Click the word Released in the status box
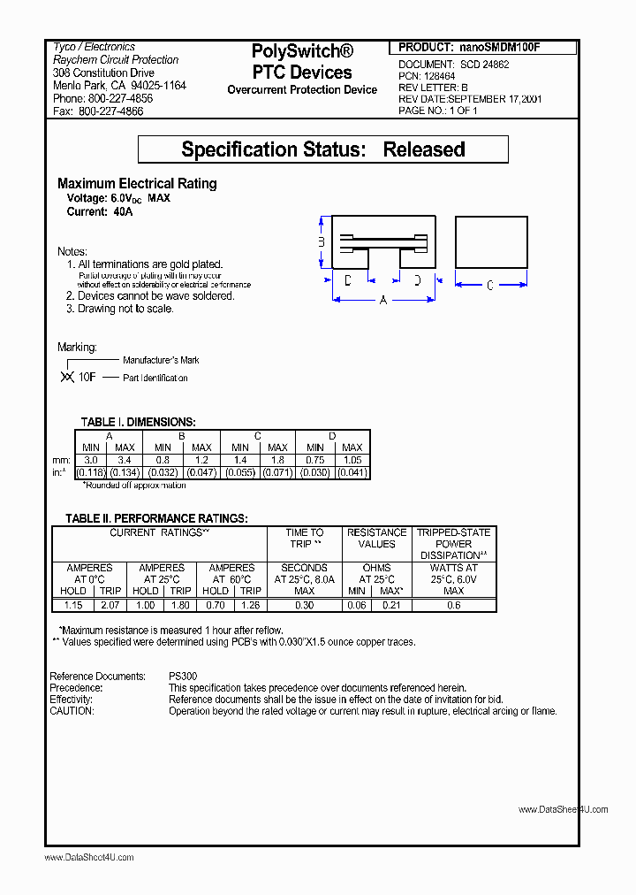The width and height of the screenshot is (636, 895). (424, 149)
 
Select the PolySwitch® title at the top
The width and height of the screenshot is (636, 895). (303, 52)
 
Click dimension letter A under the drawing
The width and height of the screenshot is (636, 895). (383, 301)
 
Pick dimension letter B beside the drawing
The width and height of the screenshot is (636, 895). (322, 242)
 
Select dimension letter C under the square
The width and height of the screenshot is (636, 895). (490, 284)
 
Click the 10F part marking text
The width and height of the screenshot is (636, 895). (87, 378)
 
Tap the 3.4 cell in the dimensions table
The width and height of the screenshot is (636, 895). (125, 460)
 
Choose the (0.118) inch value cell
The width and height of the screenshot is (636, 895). (91, 473)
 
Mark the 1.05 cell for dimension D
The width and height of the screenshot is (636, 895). (352, 460)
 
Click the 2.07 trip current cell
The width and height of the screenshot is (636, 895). (110, 605)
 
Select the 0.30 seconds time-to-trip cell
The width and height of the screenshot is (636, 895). (304, 605)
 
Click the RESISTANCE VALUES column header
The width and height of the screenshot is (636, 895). (377, 538)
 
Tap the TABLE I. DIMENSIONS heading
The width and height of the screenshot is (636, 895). (138, 423)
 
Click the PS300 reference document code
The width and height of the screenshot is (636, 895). (184, 677)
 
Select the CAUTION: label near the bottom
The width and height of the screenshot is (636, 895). (72, 711)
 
